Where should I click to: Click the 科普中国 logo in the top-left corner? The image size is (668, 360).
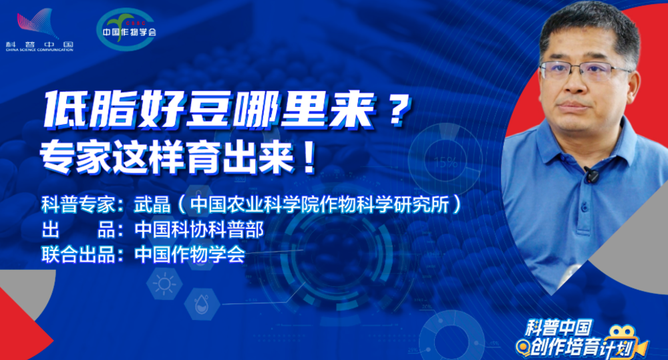(39, 30)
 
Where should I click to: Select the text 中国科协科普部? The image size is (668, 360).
(199, 230)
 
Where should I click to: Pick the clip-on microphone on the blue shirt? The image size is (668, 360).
(591, 174)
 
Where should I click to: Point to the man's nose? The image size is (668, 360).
(576, 83)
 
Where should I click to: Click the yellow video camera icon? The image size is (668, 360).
(628, 342)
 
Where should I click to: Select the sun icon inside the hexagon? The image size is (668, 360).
(164, 284)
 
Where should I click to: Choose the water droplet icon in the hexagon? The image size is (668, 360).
(202, 304)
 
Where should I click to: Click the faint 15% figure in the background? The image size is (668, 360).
(446, 162)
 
